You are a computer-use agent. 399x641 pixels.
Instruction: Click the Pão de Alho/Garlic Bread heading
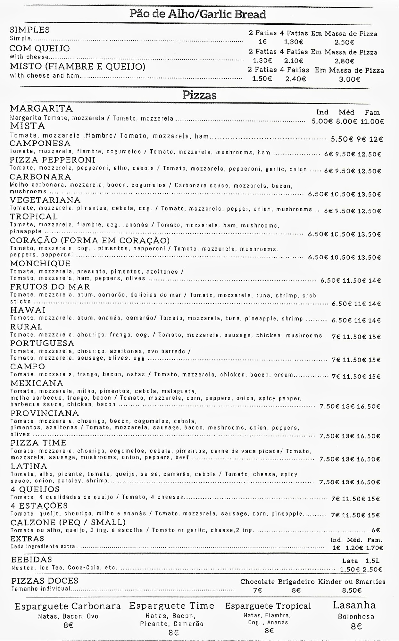[x=198, y=14]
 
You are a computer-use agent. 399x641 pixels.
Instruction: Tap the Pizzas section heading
[x=199, y=95]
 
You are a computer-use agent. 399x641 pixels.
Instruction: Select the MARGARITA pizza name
[x=41, y=108]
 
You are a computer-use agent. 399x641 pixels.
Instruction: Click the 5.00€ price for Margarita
[x=323, y=121]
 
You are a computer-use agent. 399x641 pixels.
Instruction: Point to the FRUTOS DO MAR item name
[x=50, y=287]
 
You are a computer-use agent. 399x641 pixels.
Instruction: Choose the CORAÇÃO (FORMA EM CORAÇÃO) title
[x=90, y=240]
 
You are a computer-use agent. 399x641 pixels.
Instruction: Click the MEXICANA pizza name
[x=37, y=383]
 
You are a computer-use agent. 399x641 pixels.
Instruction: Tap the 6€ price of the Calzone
[x=376, y=530]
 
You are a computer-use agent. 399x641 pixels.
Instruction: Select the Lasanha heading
[x=354, y=605]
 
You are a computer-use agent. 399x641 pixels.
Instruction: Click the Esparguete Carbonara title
[x=68, y=606]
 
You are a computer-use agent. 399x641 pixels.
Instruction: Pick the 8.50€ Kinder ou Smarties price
[x=352, y=590]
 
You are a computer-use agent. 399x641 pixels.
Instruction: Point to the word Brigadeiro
[x=296, y=582]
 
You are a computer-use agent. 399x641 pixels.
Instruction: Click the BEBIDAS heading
[x=31, y=560]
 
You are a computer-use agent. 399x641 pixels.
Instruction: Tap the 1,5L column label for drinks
[x=372, y=561]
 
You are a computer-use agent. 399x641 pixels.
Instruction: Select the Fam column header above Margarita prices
[x=372, y=112]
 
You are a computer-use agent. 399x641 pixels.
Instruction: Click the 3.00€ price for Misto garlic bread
[x=350, y=79]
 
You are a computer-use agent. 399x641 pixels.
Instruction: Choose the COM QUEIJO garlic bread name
[x=40, y=48]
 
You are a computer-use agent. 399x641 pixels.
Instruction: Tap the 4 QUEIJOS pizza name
[x=35, y=489]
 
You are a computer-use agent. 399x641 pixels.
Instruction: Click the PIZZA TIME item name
[x=38, y=443]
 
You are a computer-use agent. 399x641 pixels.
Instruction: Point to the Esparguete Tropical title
[x=268, y=606]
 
